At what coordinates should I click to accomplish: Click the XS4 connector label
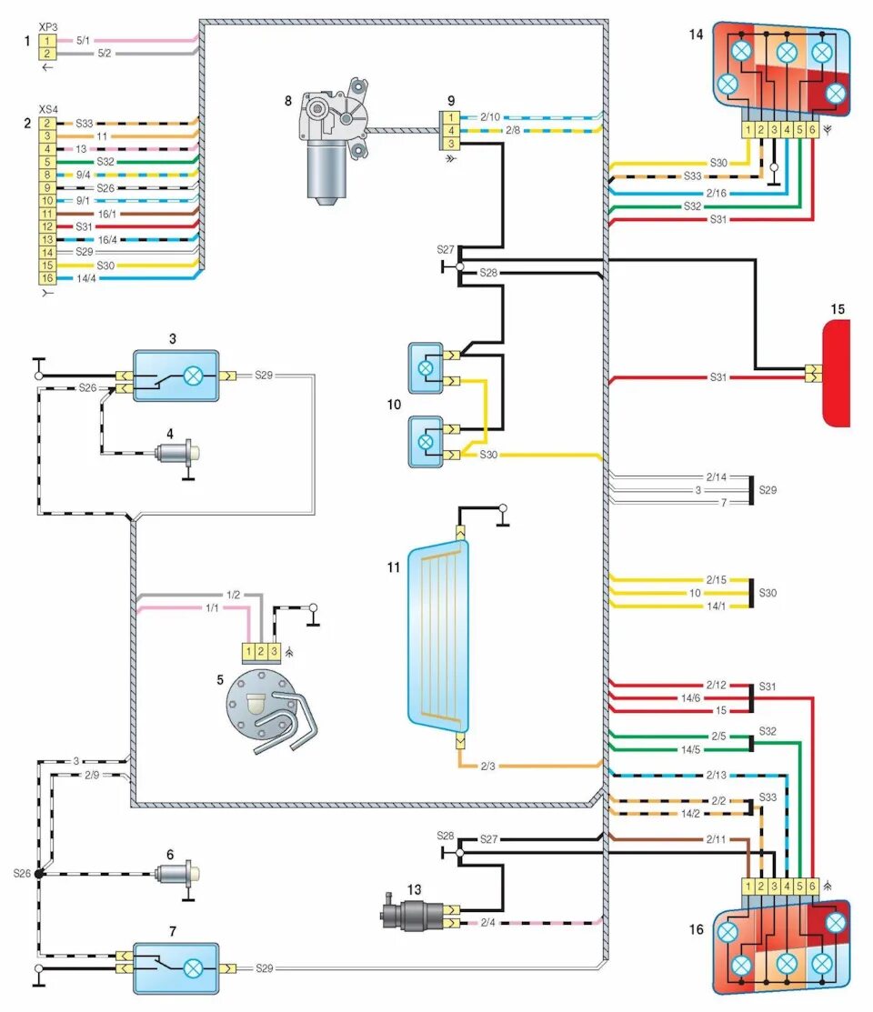click(x=48, y=108)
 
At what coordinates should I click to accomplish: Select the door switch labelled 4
click(x=177, y=452)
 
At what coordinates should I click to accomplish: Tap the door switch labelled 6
click(x=177, y=874)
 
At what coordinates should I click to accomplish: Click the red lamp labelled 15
click(x=837, y=373)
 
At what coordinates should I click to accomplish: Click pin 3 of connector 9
click(x=449, y=144)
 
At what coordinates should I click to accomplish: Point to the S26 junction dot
click(x=39, y=874)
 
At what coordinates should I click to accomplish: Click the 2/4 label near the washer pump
click(x=487, y=924)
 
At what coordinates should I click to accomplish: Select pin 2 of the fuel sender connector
click(x=261, y=651)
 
